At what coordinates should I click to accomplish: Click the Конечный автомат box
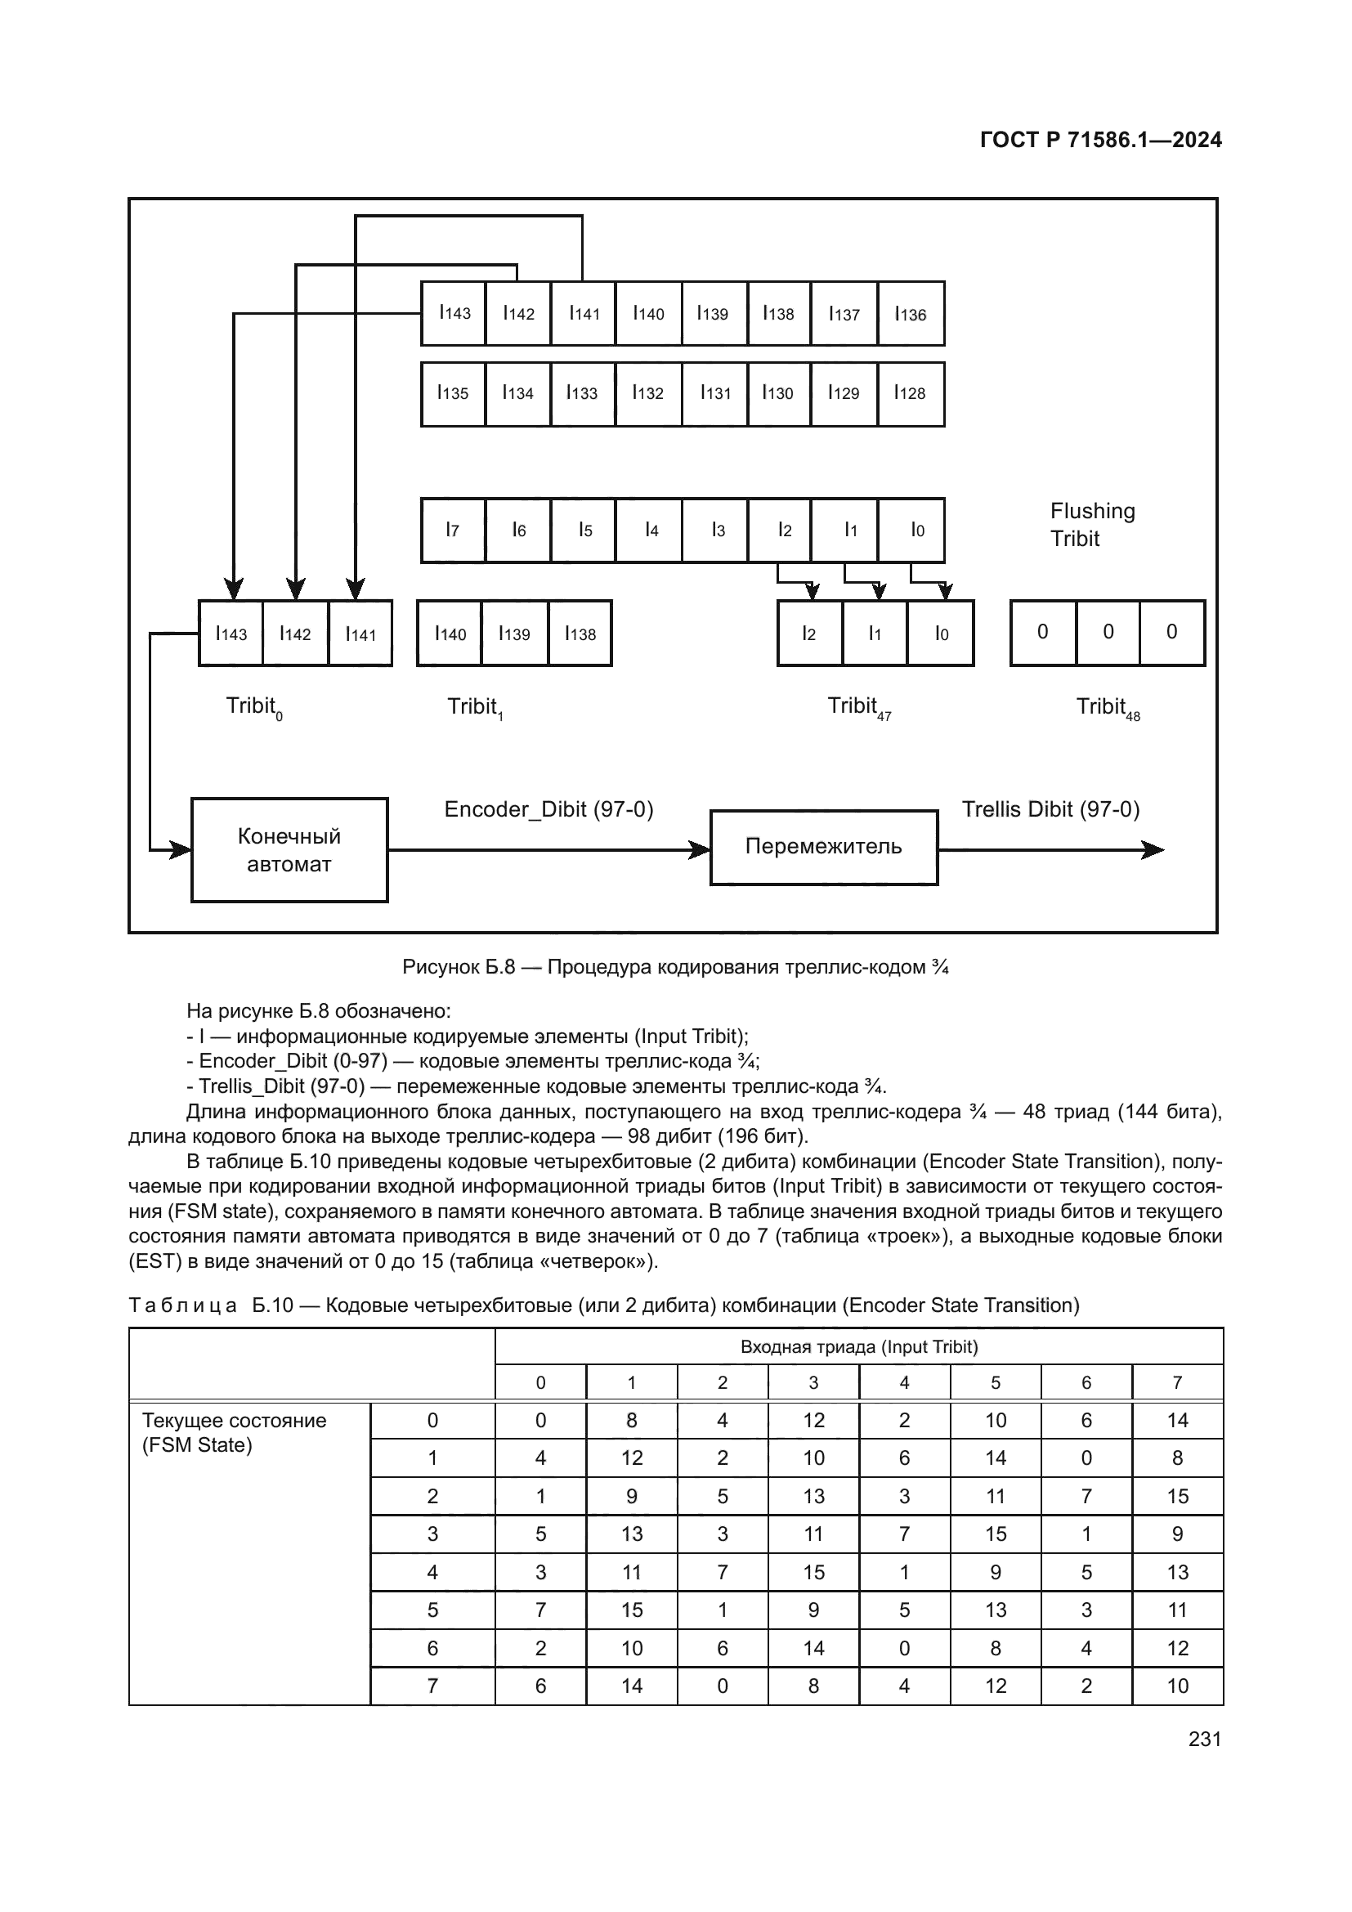(x=289, y=849)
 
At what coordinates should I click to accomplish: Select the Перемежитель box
(x=822, y=847)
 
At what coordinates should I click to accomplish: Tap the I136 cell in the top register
(x=911, y=314)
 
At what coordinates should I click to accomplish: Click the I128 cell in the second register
(x=910, y=393)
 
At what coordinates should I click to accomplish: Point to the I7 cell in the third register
(x=453, y=530)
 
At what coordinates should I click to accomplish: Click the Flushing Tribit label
(x=1091, y=525)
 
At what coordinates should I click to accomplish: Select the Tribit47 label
(x=858, y=707)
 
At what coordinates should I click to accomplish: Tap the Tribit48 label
(x=1108, y=708)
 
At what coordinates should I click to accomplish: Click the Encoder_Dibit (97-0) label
(x=548, y=809)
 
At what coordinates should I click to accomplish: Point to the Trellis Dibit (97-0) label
(x=1050, y=809)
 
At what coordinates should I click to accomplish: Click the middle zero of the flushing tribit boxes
(x=1108, y=632)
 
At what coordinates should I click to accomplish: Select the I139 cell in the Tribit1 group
(x=514, y=634)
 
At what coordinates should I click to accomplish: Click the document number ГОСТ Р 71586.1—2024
(x=1099, y=140)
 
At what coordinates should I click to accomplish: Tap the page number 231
(x=1204, y=1739)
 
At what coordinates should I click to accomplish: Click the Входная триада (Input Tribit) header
(x=858, y=1346)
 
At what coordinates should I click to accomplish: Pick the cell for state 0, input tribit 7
(x=1176, y=1421)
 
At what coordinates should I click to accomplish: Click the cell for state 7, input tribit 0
(x=540, y=1686)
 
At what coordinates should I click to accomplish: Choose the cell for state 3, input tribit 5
(x=995, y=1534)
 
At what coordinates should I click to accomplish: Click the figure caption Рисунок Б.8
(x=674, y=967)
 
